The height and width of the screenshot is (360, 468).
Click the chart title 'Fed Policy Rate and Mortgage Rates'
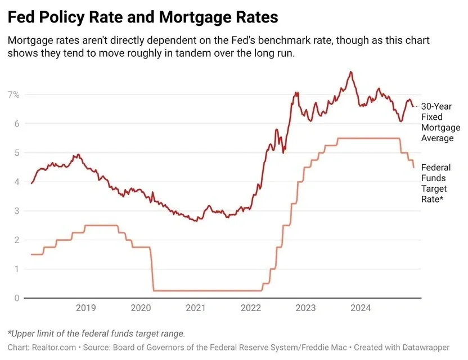pyautogui.click(x=143, y=17)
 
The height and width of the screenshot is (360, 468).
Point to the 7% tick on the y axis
pyautogui.click(x=13, y=94)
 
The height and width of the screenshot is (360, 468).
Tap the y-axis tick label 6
pyautogui.click(x=17, y=124)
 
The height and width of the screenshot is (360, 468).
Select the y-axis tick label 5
pyautogui.click(x=17, y=153)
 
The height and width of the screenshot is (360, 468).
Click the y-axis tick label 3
pyautogui.click(x=17, y=211)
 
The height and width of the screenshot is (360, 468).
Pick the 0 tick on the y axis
pyautogui.click(x=17, y=298)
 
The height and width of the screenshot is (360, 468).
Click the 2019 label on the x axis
pyautogui.click(x=86, y=308)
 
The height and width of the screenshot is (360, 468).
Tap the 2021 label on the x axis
pyautogui.click(x=196, y=308)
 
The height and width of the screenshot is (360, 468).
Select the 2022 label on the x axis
pyautogui.click(x=251, y=308)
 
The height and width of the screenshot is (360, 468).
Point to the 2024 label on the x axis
pyautogui.click(x=361, y=308)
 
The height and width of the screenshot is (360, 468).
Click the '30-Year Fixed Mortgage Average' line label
pyautogui.click(x=440, y=122)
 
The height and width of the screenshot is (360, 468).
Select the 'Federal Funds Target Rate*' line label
pyautogui.click(x=436, y=183)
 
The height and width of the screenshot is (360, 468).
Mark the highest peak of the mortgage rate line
pyautogui.click(x=350, y=71)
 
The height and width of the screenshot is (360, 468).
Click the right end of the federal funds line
pyautogui.click(x=413, y=168)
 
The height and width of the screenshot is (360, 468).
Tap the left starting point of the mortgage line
pyautogui.click(x=31, y=183)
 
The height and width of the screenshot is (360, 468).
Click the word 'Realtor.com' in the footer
pyautogui.click(x=54, y=348)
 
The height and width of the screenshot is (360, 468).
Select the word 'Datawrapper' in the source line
pyautogui.click(x=426, y=348)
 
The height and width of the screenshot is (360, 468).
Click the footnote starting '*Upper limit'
pyautogui.click(x=96, y=334)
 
